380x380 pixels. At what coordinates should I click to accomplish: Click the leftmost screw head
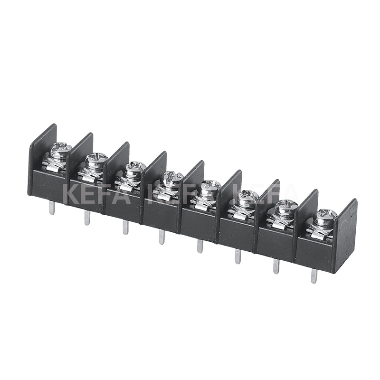62,148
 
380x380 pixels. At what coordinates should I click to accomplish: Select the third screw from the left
135,167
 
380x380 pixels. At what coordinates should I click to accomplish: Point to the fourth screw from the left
171,178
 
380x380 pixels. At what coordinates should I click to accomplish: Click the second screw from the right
286,207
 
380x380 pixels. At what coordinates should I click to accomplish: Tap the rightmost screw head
325,216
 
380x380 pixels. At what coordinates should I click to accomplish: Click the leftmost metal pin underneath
52,208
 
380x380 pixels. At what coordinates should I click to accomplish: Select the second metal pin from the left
87,218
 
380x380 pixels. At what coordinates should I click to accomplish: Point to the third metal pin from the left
125,227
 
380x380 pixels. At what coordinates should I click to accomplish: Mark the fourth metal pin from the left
161,237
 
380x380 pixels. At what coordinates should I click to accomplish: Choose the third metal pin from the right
237,256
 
